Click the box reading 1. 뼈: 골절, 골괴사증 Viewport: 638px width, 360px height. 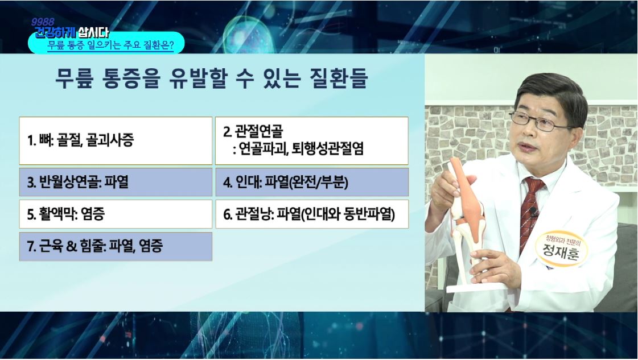116,140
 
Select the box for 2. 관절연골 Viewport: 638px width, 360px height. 312,140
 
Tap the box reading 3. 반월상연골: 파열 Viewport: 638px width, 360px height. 116,182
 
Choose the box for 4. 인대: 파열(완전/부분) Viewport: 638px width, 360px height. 312,182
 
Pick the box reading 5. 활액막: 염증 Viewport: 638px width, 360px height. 116,214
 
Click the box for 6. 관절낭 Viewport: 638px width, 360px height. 312,214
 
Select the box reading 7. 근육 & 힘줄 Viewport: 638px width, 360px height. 116,246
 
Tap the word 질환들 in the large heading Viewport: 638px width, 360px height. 339,78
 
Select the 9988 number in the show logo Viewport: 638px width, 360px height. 43,22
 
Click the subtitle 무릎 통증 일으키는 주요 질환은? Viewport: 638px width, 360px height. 110,45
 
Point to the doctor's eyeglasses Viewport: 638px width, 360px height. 541,121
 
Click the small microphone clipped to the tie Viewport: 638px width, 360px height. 533,212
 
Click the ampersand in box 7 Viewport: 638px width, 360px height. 71,246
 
